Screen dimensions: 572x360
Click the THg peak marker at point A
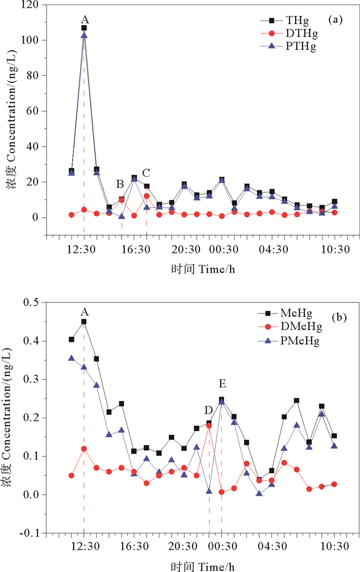tap(84, 28)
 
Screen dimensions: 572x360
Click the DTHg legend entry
tap(293, 34)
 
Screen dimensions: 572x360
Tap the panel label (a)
tap(335, 20)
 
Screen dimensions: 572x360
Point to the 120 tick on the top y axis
tap(34, 6)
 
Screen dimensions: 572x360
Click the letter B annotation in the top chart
tap(120, 183)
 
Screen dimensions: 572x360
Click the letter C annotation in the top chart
tap(146, 172)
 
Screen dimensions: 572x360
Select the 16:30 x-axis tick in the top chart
tap(134, 249)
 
